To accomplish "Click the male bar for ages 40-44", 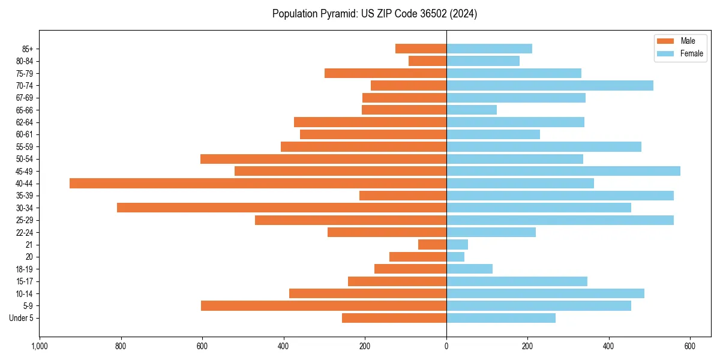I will [258, 183].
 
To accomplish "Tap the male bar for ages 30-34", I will [281, 208].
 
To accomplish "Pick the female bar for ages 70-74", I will [550, 85].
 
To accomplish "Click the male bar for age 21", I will [432, 244].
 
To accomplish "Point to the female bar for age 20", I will [455, 257].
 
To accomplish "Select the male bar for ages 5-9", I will [323, 305].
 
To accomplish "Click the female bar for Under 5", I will [501, 318].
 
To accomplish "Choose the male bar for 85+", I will [421, 49].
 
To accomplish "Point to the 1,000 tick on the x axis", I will [40, 346].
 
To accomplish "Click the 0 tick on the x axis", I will [446, 346].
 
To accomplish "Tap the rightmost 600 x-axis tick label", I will [690, 346].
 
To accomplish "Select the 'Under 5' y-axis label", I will [21, 318].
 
